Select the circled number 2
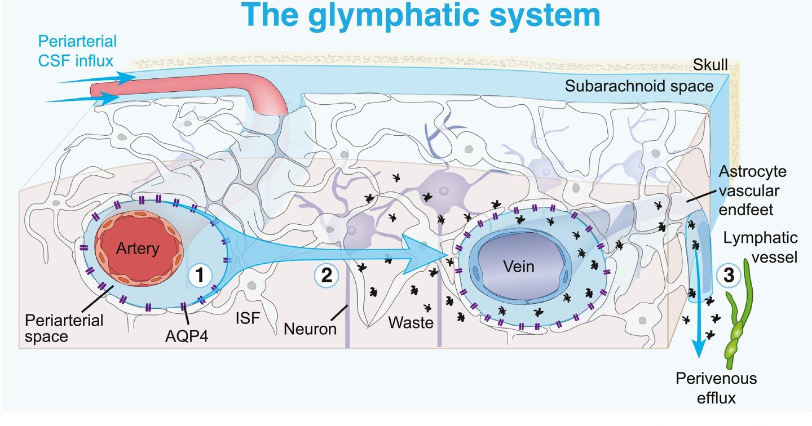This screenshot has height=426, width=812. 325,276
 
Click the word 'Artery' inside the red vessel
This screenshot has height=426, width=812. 138,248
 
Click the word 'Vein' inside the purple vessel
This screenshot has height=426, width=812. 519,266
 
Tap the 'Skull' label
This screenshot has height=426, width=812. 712,66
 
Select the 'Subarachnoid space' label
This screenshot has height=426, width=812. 640,86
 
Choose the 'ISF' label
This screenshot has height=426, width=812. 247,319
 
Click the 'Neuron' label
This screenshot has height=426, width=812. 310,327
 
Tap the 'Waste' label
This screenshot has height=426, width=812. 410,323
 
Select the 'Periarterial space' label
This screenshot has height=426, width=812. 64,329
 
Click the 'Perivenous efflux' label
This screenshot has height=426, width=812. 716,388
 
